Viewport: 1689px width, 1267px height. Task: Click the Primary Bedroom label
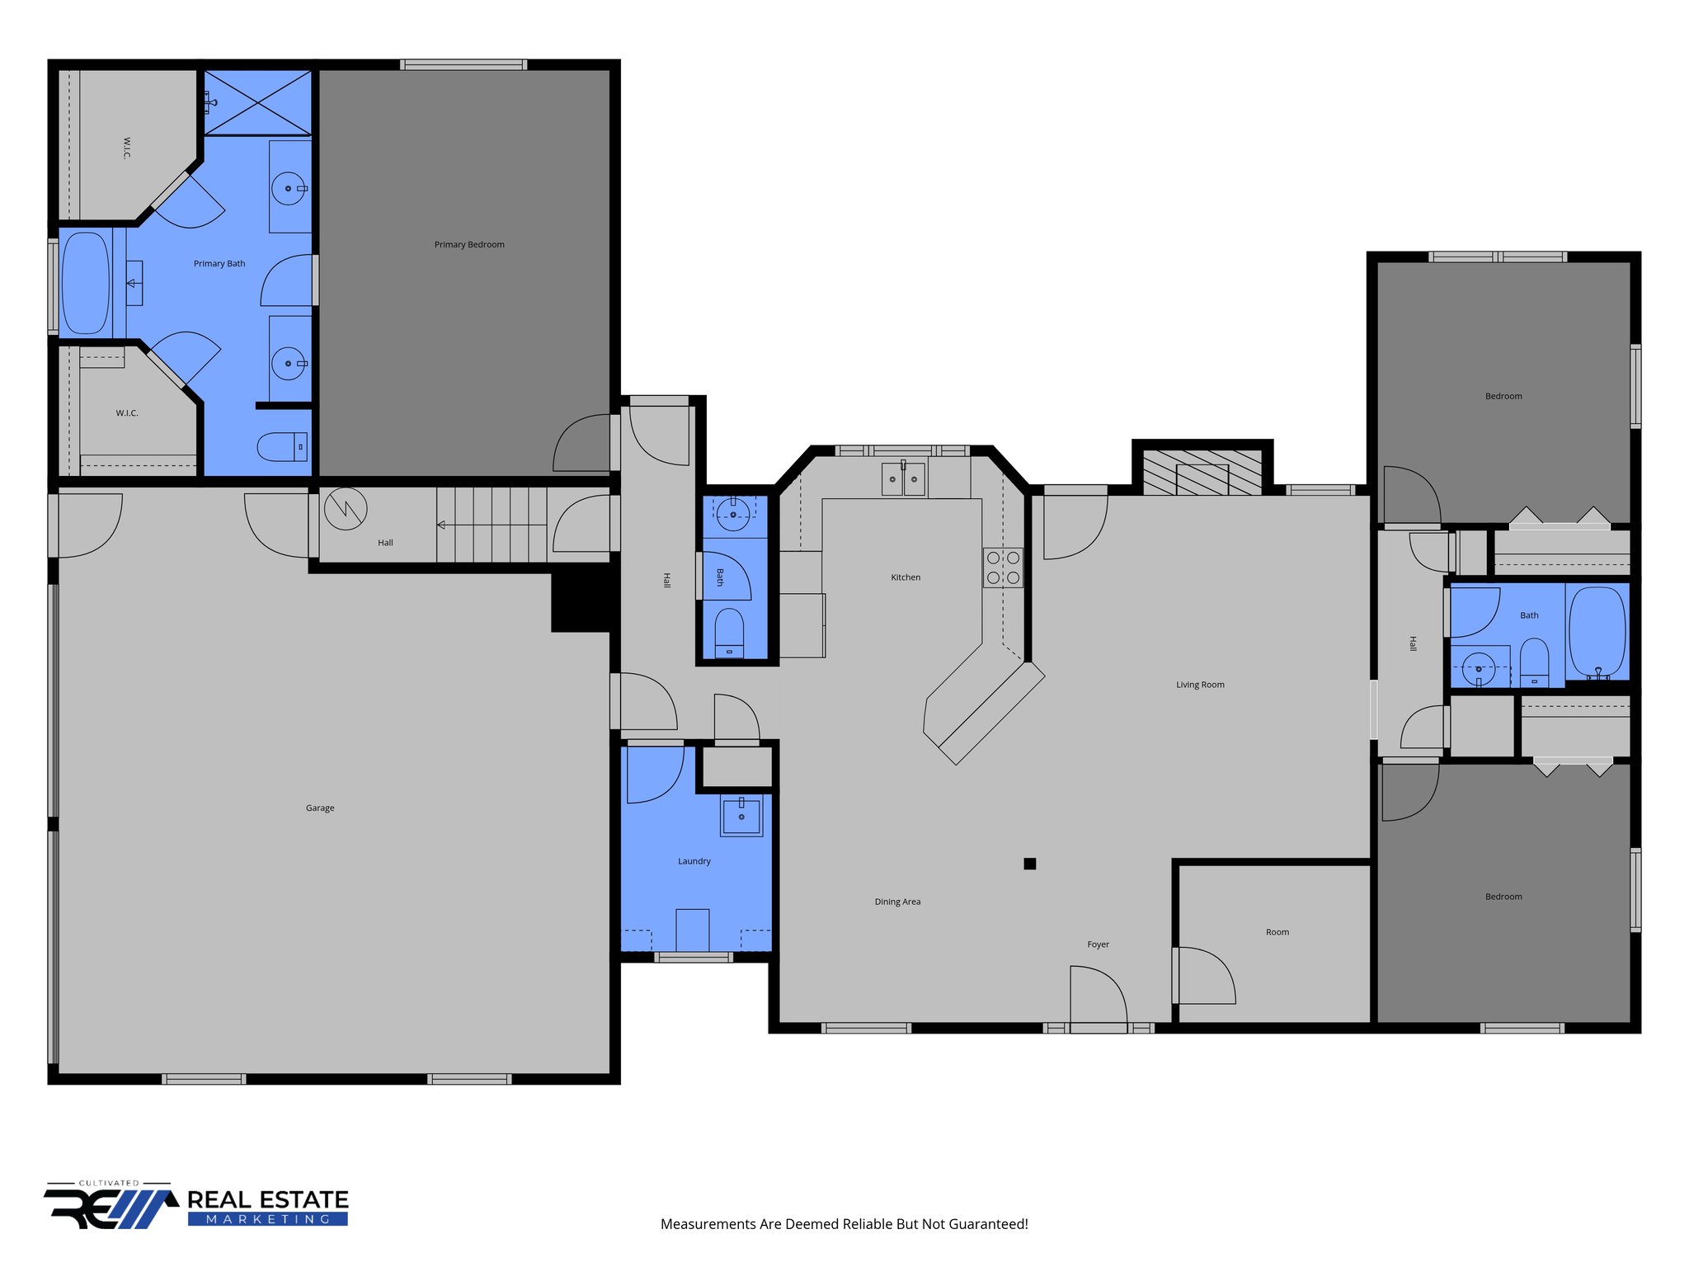(468, 245)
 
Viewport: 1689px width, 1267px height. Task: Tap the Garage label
(320, 808)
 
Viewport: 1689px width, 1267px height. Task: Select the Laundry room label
(694, 861)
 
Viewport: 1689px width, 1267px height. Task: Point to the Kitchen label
(905, 577)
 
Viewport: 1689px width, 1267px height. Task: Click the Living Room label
(1199, 685)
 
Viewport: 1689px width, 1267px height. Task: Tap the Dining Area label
(897, 902)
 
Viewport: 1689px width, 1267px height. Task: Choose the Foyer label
(1098, 944)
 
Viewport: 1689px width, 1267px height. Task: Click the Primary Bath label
(219, 264)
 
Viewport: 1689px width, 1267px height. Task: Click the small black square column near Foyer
(1029, 864)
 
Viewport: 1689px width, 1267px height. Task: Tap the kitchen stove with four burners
(1003, 568)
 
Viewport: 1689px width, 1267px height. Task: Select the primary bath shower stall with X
(257, 103)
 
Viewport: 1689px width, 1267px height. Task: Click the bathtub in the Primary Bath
(85, 283)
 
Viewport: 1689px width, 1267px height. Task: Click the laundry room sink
(741, 816)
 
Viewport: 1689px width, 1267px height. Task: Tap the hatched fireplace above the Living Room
(1202, 473)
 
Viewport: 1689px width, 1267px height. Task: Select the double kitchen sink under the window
(903, 479)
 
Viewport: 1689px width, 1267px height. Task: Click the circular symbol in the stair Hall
(346, 509)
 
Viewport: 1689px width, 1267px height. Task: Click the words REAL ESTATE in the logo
(268, 1199)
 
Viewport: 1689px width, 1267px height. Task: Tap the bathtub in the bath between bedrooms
(1597, 631)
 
